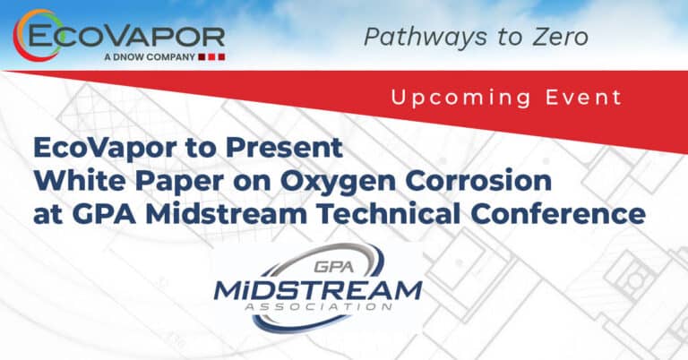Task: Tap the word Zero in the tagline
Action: (560, 37)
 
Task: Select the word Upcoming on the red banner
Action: (460, 99)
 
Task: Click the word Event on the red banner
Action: (583, 97)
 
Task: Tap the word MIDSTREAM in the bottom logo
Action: (318, 290)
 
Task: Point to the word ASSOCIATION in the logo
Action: (318, 306)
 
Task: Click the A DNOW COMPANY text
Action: (150, 57)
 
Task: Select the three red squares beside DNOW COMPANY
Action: (211, 57)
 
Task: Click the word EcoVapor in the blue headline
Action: (106, 149)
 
